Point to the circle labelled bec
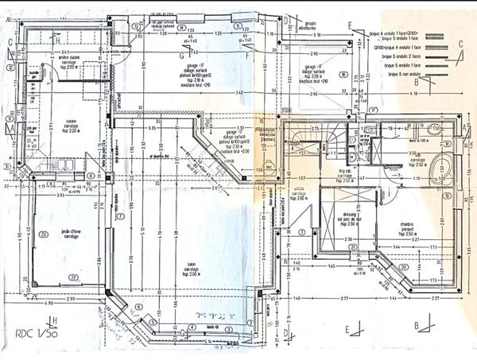pos(269,168)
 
